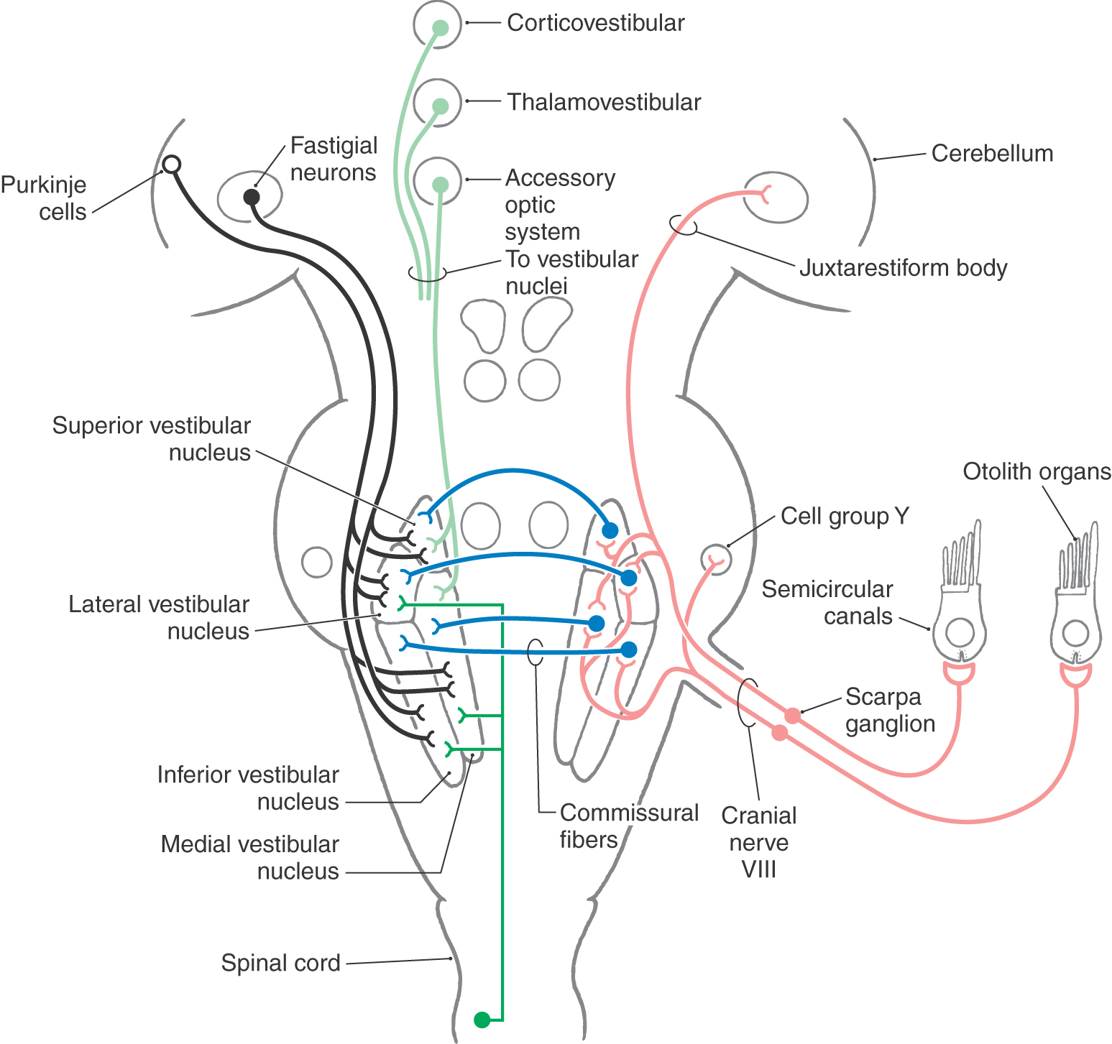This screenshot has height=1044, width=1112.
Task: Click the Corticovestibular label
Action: click(595, 23)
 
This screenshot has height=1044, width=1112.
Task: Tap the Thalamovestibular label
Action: click(604, 102)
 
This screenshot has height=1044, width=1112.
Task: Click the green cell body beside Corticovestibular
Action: click(440, 28)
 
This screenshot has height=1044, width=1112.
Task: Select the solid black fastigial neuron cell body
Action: click(251, 197)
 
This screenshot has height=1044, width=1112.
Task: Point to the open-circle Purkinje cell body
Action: click(170, 165)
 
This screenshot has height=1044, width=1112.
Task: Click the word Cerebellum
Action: click(992, 153)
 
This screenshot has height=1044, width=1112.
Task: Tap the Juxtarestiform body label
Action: click(903, 268)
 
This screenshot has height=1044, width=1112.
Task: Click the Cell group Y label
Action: click(845, 516)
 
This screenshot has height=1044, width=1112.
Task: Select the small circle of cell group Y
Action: click(716, 558)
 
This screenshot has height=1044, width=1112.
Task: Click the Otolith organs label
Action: click(1037, 471)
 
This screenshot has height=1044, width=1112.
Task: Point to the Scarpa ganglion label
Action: click(890, 710)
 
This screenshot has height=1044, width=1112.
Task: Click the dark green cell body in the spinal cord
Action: click(482, 1020)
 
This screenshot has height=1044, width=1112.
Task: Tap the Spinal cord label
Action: click(280, 963)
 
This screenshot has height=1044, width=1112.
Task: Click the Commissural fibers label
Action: click(629, 826)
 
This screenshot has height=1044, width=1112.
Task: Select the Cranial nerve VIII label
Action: click(759, 842)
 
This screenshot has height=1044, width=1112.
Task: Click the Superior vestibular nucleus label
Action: click(152, 439)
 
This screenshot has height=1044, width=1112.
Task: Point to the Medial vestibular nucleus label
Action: click(249, 857)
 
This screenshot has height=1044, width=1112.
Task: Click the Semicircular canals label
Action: click(827, 602)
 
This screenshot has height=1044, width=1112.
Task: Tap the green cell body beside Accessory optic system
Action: click(440, 185)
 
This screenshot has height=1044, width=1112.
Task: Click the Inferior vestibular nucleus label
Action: click(248, 788)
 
